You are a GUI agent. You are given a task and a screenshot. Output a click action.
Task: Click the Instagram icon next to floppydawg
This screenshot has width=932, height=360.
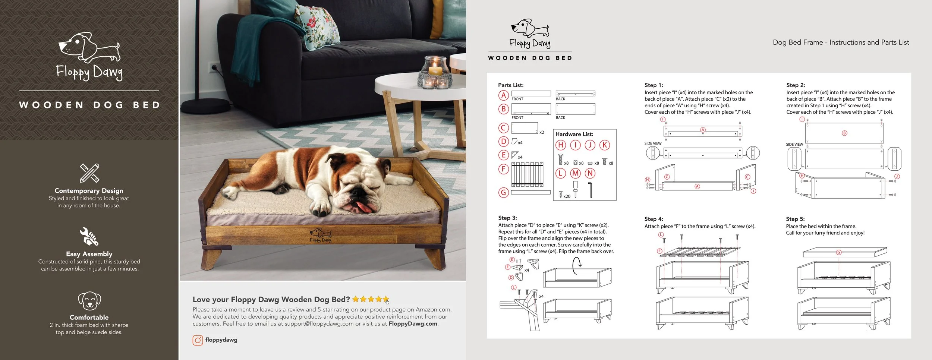point(198,340)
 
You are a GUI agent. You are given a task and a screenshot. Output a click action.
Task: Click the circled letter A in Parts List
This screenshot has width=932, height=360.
point(503,95)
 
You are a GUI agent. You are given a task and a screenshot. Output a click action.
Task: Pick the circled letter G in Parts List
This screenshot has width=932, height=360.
point(503,193)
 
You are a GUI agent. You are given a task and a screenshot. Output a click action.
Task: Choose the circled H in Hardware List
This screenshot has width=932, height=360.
point(560,145)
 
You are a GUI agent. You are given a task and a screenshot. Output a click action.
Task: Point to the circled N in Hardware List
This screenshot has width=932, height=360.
point(590,173)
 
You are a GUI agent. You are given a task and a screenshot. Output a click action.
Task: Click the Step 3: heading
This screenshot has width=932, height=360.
point(507,218)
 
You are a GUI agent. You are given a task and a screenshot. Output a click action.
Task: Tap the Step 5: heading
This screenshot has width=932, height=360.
point(795,219)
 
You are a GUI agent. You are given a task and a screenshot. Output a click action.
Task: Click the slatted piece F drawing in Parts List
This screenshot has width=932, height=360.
point(527,174)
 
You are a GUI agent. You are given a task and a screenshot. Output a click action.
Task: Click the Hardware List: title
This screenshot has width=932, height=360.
point(574,134)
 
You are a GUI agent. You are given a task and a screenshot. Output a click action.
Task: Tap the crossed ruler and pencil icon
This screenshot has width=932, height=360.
point(89,173)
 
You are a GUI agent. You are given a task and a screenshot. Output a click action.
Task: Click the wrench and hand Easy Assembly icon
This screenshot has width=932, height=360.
point(89,237)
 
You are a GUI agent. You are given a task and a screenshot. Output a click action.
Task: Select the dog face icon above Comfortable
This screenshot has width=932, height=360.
point(89,301)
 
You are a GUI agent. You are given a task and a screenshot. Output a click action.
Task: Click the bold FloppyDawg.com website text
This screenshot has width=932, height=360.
point(413,324)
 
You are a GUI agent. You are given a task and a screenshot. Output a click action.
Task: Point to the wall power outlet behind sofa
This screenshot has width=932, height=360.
point(214,68)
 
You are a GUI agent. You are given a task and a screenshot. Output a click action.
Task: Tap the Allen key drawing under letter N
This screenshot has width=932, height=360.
point(591,190)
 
